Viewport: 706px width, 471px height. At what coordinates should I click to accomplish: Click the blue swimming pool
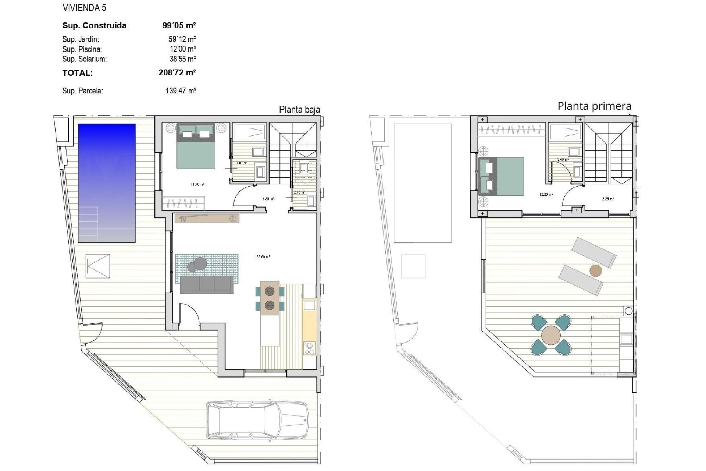[x=107, y=183]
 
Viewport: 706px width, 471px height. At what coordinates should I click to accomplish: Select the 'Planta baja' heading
[x=299, y=110]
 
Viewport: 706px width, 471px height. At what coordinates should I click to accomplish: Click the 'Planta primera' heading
[x=594, y=106]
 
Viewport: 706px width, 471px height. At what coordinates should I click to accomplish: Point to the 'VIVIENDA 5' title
[x=84, y=8]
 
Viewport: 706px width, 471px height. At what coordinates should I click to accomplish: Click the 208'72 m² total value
[x=177, y=72]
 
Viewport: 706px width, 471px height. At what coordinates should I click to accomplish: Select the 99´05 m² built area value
[x=179, y=25]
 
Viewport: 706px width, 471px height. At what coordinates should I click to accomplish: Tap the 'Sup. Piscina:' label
[x=82, y=49]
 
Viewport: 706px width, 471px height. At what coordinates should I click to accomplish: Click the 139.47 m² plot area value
[x=181, y=91]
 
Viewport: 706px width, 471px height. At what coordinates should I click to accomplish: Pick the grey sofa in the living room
[x=207, y=284]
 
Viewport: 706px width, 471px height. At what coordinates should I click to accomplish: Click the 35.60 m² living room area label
[x=263, y=257]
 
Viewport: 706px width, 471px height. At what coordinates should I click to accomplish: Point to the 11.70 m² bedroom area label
[x=197, y=184]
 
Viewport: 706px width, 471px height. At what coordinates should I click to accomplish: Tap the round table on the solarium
[x=551, y=335]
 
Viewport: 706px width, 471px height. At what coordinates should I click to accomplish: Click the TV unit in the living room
[x=207, y=218]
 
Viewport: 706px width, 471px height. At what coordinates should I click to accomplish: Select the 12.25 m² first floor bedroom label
[x=546, y=195]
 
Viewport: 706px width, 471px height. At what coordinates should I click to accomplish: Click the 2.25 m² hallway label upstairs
[x=607, y=199]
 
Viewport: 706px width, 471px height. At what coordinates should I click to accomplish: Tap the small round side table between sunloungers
[x=596, y=271]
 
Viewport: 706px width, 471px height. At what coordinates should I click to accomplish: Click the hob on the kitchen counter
[x=309, y=348]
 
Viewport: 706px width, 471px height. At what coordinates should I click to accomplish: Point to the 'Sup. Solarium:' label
[x=84, y=59]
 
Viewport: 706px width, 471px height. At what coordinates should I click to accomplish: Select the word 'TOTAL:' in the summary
[x=77, y=73]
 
